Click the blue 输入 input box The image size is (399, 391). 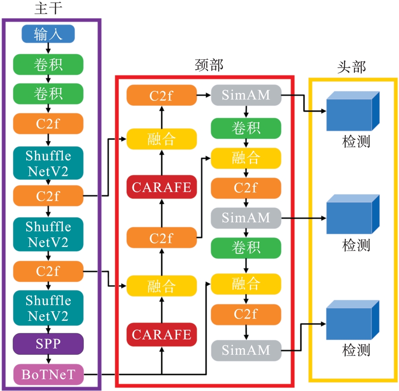(x=48, y=34)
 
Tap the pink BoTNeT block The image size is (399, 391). (x=48, y=374)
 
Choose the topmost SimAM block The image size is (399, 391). (x=246, y=95)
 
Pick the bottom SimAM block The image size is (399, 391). (x=246, y=350)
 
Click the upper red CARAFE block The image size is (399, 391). (x=162, y=187)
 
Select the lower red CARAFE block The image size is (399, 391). (x=162, y=335)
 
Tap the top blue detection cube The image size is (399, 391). (x=352, y=111)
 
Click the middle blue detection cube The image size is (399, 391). (x=352, y=215)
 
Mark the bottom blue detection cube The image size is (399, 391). (x=352, y=320)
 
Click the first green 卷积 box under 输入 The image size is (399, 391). (x=48, y=64)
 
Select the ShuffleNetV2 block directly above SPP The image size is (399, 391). (x=48, y=308)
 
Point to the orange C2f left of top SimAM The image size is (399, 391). (x=162, y=95)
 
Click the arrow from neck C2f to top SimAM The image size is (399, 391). (x=204, y=95)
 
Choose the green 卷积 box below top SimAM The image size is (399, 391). (x=246, y=128)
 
